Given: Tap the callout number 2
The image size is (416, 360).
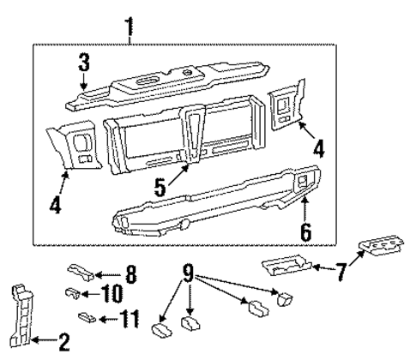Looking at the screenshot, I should pos(63,345).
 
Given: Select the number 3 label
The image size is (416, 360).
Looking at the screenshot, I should pos(83,63).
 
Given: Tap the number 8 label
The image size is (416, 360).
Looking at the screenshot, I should pos(130,275).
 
